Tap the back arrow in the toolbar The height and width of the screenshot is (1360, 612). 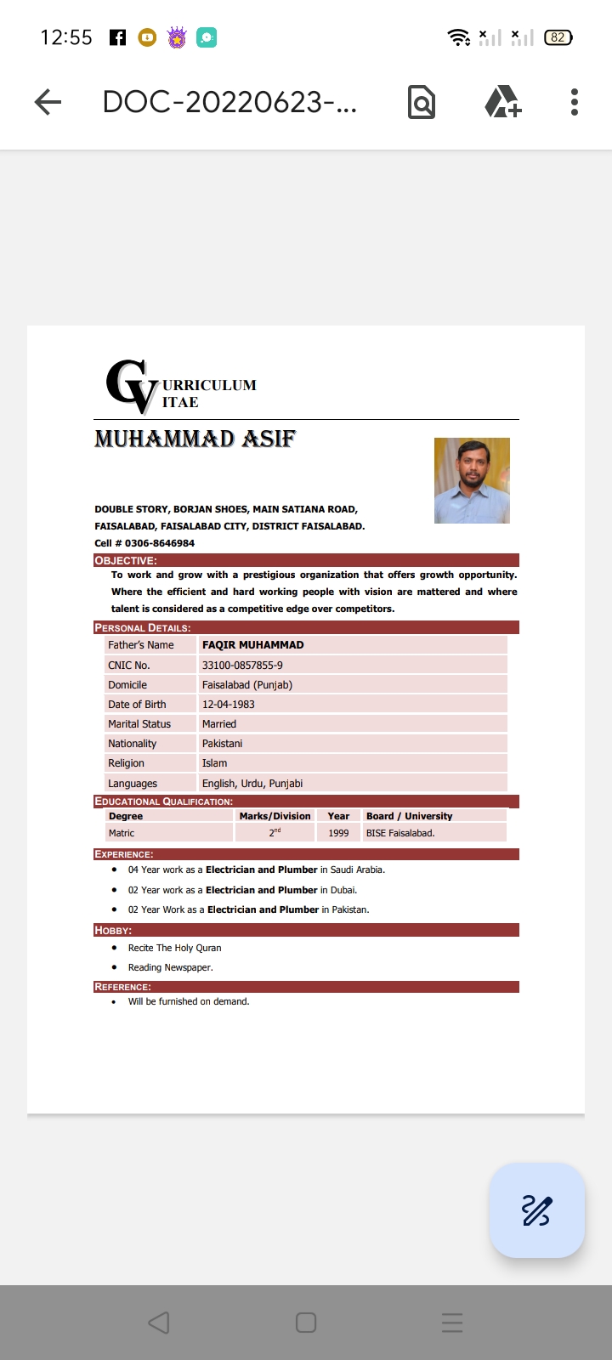tap(48, 103)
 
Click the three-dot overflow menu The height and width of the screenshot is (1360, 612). tap(575, 102)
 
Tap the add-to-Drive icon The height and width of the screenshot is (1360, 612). tap(502, 102)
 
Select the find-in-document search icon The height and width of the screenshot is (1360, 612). tap(422, 102)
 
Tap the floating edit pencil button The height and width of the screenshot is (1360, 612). tap(536, 1210)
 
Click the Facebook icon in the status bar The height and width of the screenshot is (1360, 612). tap(118, 37)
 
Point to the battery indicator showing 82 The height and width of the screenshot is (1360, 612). tap(558, 37)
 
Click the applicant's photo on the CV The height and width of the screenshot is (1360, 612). tap(472, 480)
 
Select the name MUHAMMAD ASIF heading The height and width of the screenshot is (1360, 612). tap(195, 439)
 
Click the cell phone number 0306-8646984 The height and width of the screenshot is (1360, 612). tap(160, 543)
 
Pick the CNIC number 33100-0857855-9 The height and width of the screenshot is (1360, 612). tap(242, 666)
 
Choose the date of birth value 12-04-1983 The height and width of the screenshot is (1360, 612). tap(228, 705)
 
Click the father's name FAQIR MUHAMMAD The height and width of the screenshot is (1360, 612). tap(252, 645)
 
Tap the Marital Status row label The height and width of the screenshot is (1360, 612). tap(139, 724)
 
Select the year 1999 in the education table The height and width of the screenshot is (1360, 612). tap(338, 833)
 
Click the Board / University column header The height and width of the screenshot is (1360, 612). tap(409, 816)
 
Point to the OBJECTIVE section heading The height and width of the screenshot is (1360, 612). tap(126, 561)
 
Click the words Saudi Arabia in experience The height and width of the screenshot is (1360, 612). tap(357, 870)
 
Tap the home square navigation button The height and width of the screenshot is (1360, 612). tap(306, 1323)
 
